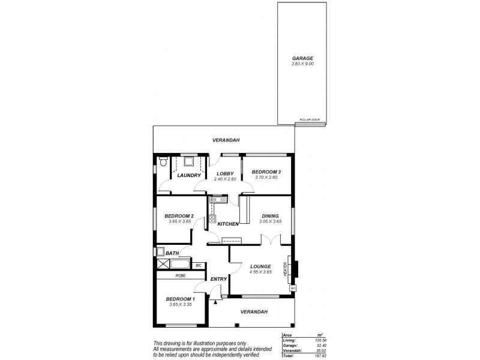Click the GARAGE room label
pyautogui.click(x=302, y=58)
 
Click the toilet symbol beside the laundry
pyautogui.click(x=163, y=161)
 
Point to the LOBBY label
pyautogui.click(x=225, y=173)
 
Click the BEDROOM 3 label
pyautogui.click(x=266, y=172)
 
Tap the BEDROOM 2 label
pyautogui.click(x=179, y=216)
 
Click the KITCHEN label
pyautogui.click(x=228, y=224)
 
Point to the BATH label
pyautogui.click(x=172, y=253)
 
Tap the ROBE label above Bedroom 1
pyautogui.click(x=181, y=275)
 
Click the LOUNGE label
pyautogui.click(x=260, y=266)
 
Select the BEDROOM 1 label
pyautogui.click(x=181, y=299)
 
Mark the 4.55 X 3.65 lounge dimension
pyautogui.click(x=260, y=272)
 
